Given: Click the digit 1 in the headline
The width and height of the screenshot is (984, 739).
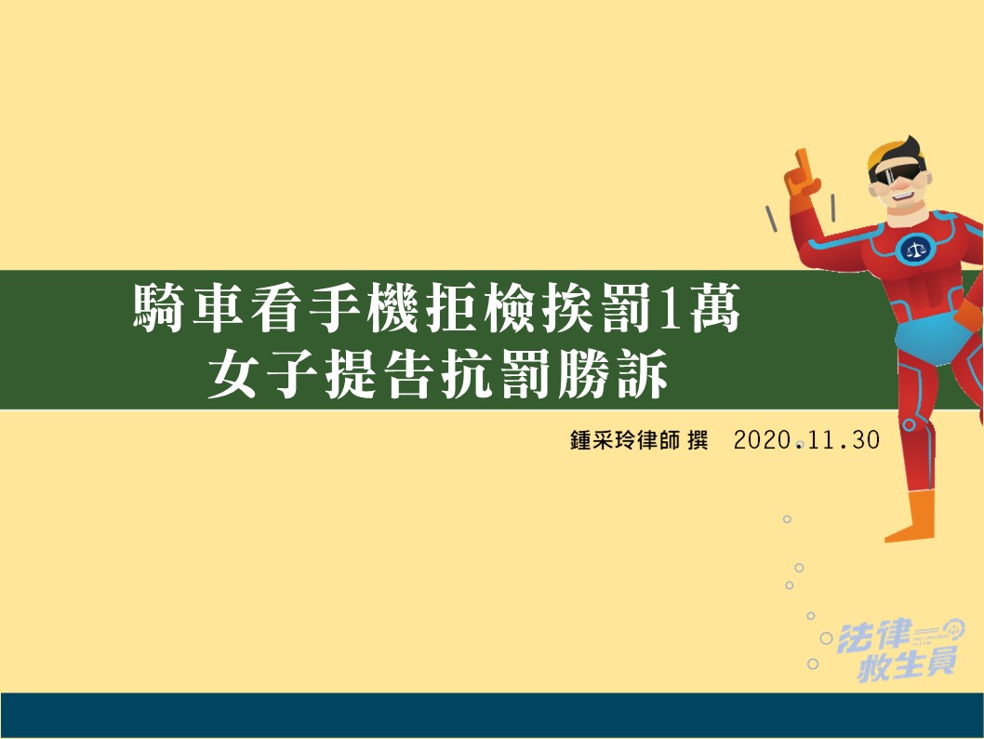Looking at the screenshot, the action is (670, 308).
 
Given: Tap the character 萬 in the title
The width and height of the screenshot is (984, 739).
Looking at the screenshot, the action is (715, 308).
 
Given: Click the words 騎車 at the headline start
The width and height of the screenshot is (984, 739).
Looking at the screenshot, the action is (188, 308).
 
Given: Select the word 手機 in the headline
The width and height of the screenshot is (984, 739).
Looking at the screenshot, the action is (364, 308).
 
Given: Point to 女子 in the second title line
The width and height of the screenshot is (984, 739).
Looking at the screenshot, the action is (262, 374).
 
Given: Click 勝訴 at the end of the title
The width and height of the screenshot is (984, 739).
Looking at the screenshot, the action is (613, 374).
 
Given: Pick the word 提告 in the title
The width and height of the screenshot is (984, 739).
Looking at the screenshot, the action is (379, 374).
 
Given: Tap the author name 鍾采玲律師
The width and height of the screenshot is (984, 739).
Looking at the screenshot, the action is (625, 440).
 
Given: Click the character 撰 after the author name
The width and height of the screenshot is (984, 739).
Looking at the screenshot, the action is (698, 440).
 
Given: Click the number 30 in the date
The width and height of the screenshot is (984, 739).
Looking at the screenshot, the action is (866, 440).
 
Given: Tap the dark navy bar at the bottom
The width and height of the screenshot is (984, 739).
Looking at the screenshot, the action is (492, 715).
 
